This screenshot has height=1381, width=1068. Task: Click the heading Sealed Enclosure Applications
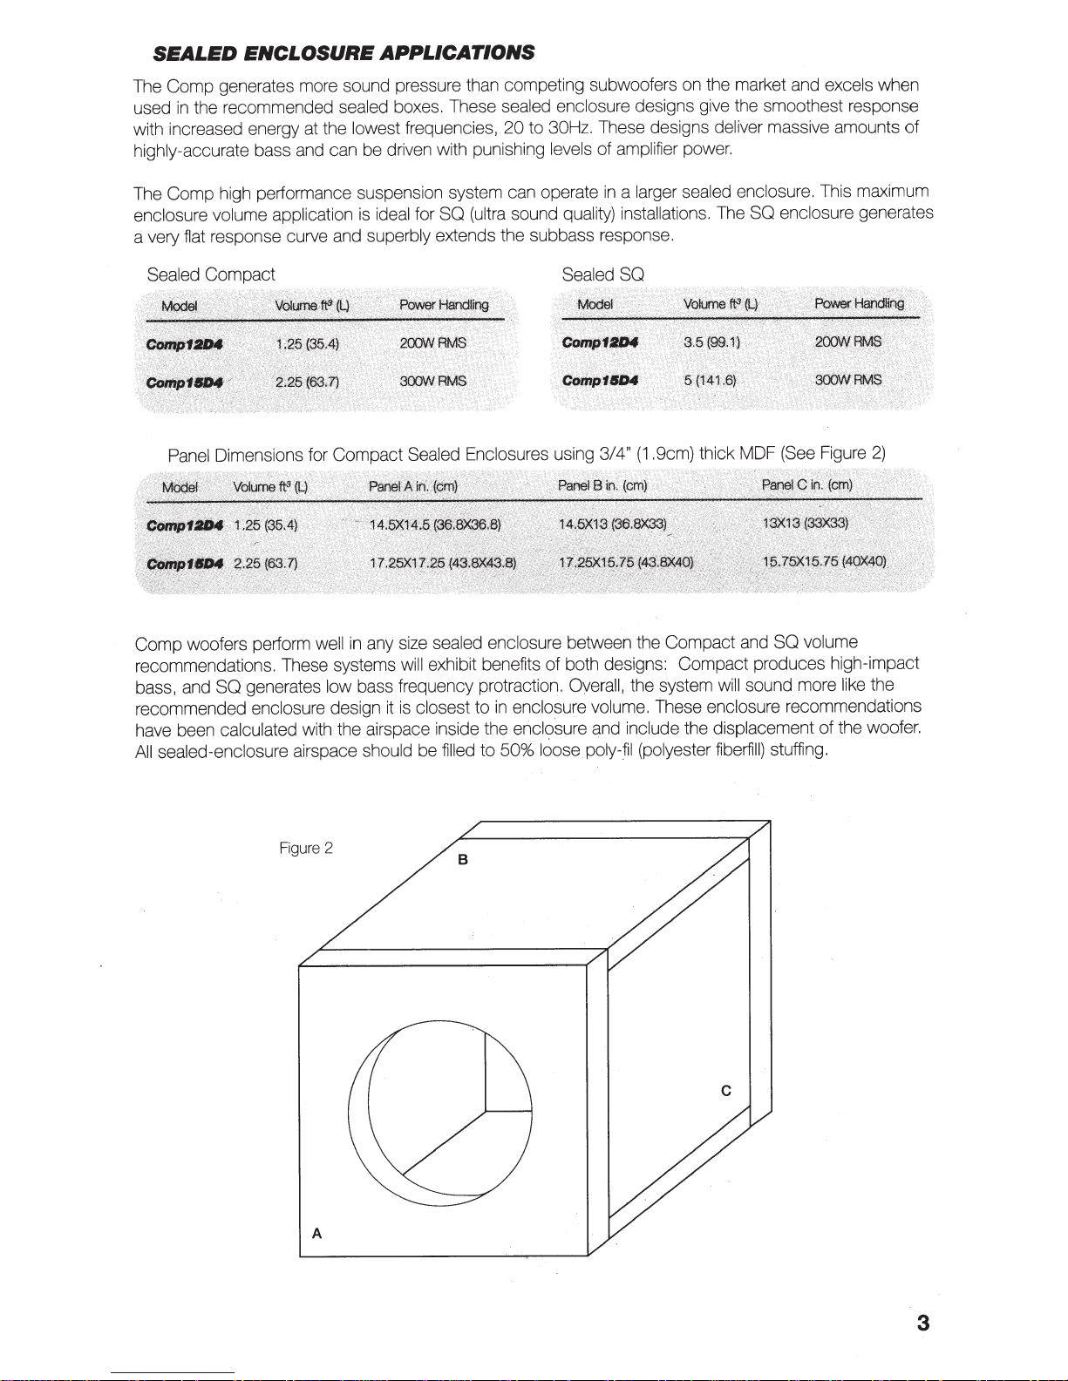(344, 53)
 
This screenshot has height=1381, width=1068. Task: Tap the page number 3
(923, 1323)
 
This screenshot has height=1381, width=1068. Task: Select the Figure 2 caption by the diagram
(305, 848)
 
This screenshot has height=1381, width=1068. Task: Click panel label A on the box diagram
(316, 1233)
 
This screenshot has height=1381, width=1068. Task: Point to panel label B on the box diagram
(463, 860)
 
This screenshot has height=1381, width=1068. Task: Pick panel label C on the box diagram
(725, 1091)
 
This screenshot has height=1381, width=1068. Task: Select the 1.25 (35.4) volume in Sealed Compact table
(307, 343)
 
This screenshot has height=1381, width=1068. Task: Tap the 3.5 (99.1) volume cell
(711, 342)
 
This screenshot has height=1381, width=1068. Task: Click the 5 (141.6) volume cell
(710, 380)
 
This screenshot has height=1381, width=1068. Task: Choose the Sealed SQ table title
(602, 274)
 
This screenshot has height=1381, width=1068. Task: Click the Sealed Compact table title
(211, 274)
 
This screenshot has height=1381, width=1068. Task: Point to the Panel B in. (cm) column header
(602, 485)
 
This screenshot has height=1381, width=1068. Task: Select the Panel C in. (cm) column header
(806, 484)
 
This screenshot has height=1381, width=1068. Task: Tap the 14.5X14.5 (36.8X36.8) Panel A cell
(435, 525)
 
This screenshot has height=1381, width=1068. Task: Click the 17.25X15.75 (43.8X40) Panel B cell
(626, 562)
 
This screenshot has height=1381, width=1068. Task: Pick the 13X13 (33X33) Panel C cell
(805, 523)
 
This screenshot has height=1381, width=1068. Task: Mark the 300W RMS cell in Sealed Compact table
(433, 382)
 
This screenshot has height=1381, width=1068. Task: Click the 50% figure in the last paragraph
(516, 749)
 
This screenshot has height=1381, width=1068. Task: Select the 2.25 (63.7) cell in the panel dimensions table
(266, 563)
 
